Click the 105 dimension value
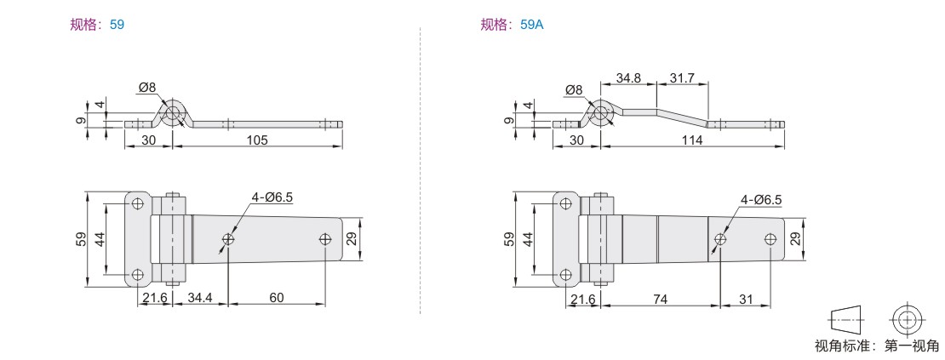click(257, 140)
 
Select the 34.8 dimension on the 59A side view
click(627, 77)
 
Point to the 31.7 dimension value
click(682, 77)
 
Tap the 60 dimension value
click(277, 297)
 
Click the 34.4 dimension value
click(200, 297)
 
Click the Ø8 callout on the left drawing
click(147, 88)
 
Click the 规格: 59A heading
click(512, 25)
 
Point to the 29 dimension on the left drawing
click(352, 239)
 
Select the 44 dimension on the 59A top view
click(528, 240)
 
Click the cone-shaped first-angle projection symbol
click(845, 317)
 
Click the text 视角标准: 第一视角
click(876, 346)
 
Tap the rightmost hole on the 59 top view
click(325, 239)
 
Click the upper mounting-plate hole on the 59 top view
click(138, 203)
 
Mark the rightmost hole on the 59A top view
click(770, 239)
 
